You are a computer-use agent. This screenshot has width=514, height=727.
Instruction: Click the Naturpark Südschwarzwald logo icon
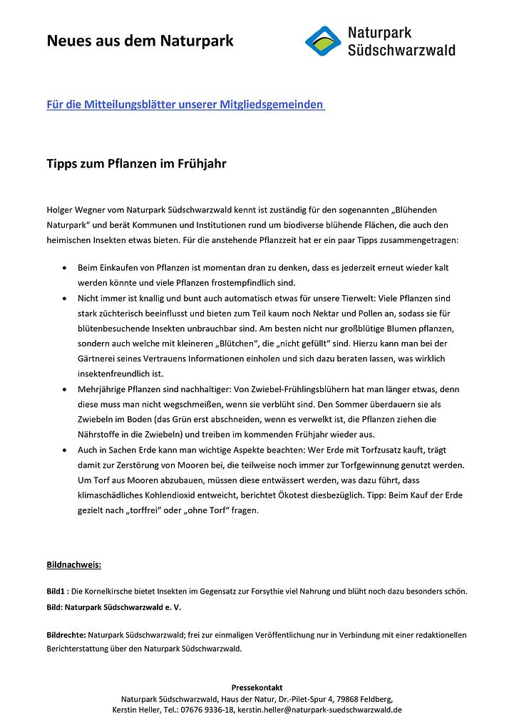pyautogui.click(x=323, y=41)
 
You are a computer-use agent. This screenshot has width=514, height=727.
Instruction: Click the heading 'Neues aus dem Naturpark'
pyautogui.click(x=140, y=41)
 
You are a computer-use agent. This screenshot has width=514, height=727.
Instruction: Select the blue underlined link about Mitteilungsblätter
pyautogui.click(x=185, y=104)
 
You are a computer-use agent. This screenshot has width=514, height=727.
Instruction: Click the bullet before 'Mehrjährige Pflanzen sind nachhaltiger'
pyautogui.click(x=66, y=390)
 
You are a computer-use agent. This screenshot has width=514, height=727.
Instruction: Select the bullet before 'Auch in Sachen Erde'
pyautogui.click(x=66, y=450)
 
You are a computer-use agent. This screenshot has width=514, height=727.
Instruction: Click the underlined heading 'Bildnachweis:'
pyautogui.click(x=73, y=565)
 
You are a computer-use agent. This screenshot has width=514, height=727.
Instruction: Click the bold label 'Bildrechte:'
pyautogui.click(x=66, y=634)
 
